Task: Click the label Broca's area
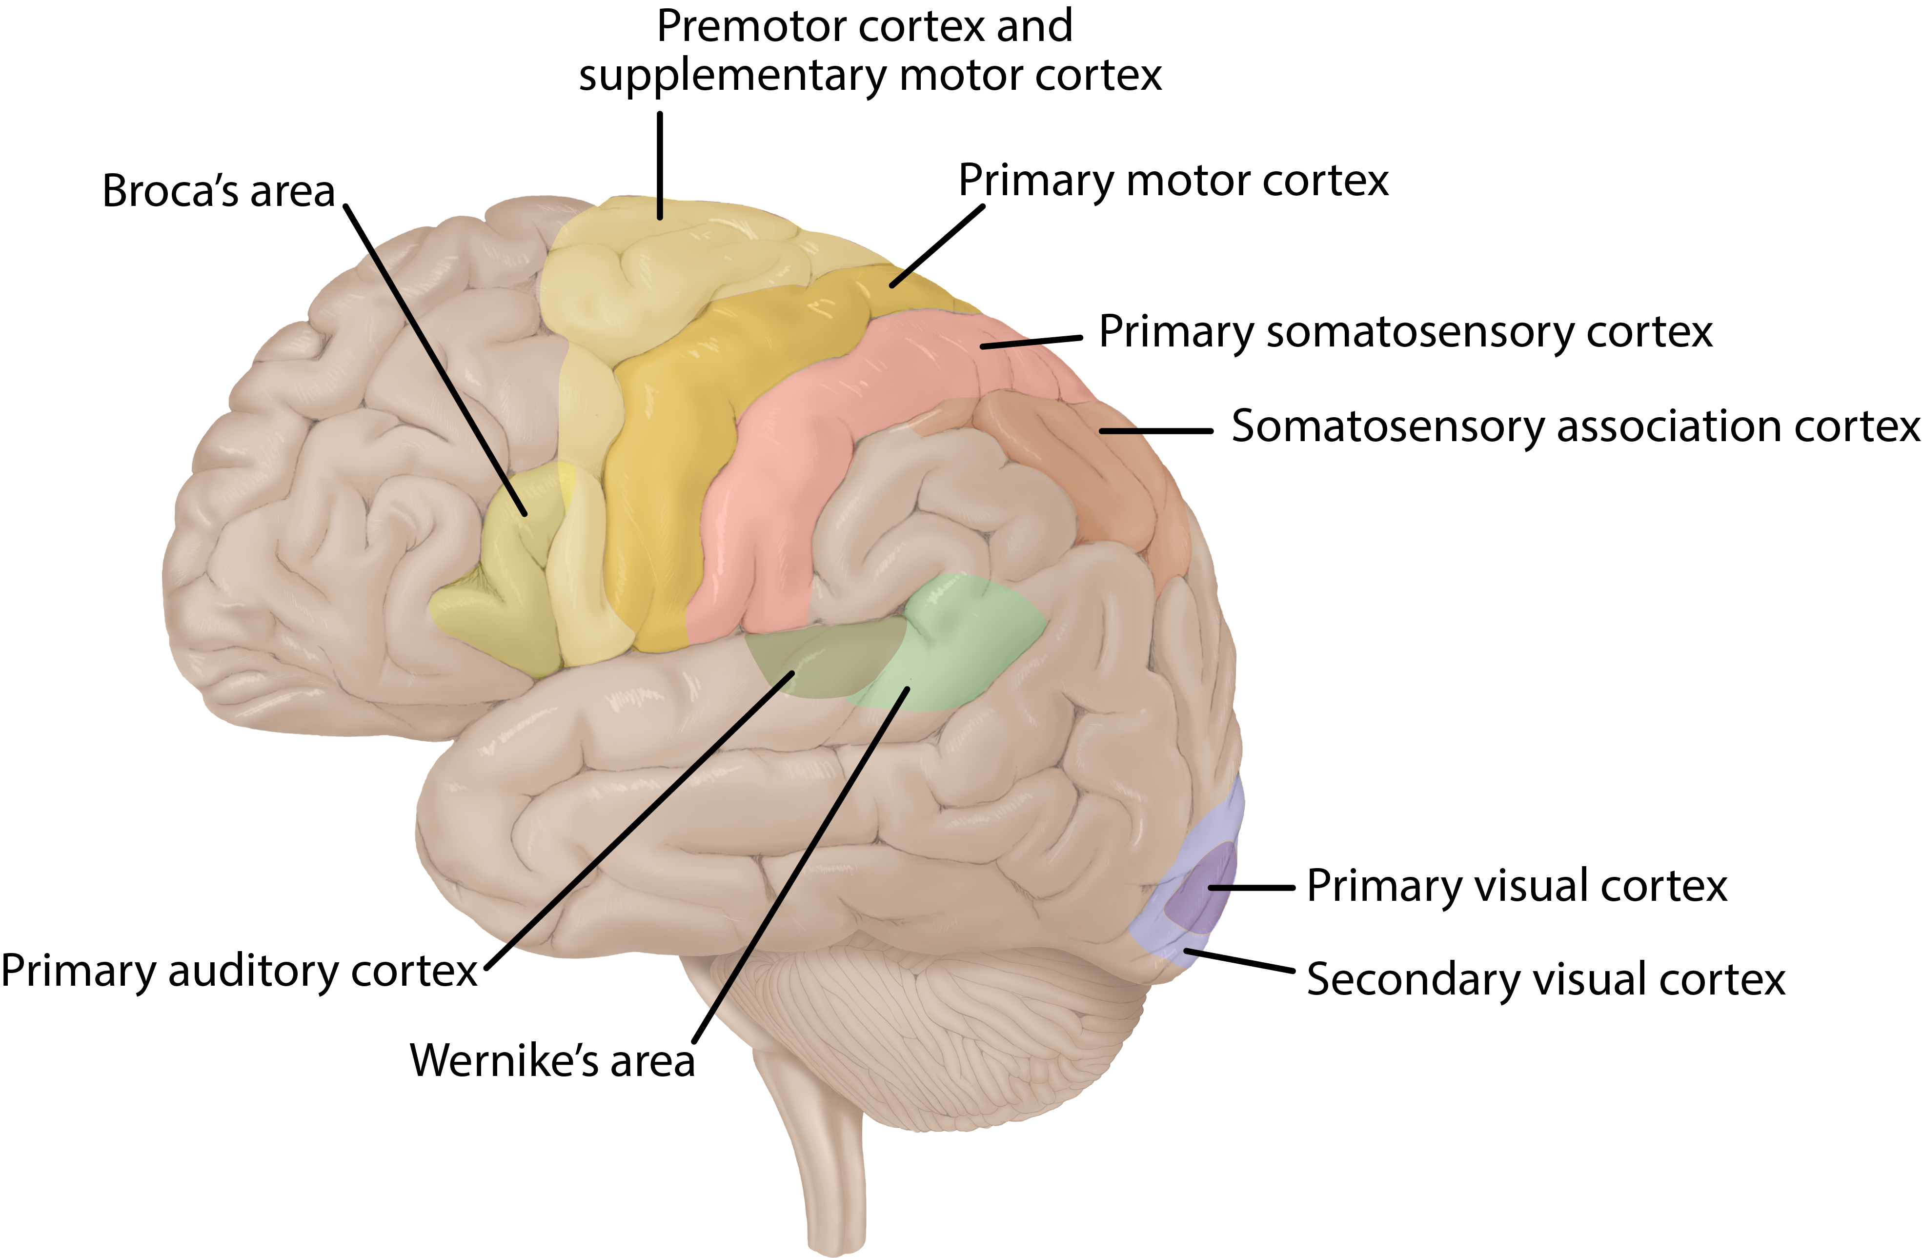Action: click(x=218, y=192)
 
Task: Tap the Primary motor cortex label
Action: click(x=1173, y=181)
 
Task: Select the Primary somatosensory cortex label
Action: click(x=1405, y=332)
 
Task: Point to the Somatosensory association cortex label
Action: click(x=1575, y=426)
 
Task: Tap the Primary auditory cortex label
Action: click(x=239, y=972)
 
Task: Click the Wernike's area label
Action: click(x=552, y=1060)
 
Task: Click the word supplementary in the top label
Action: click(x=731, y=77)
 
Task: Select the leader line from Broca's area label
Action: click(x=436, y=359)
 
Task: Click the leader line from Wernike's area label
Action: click(x=799, y=864)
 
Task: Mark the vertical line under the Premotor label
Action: click(x=660, y=165)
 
